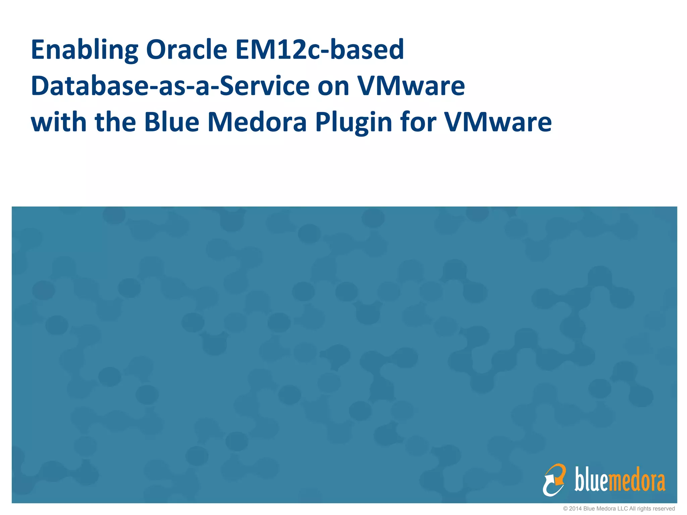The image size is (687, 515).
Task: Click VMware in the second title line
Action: pyautogui.click(x=411, y=86)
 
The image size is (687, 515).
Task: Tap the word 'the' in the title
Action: pyautogui.click(x=115, y=122)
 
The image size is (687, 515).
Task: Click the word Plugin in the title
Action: pyautogui.click(x=354, y=123)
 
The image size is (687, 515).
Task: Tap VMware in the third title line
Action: pyautogui.click(x=498, y=122)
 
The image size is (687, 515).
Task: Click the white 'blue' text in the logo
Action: pyautogui.click(x=591, y=479)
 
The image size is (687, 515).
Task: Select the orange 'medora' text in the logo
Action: pyautogui.click(x=637, y=481)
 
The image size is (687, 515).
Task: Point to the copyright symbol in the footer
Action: pyautogui.click(x=565, y=509)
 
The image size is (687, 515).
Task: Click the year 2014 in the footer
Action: pyautogui.click(x=575, y=509)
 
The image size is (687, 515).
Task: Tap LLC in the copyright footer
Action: pyautogui.click(x=623, y=509)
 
